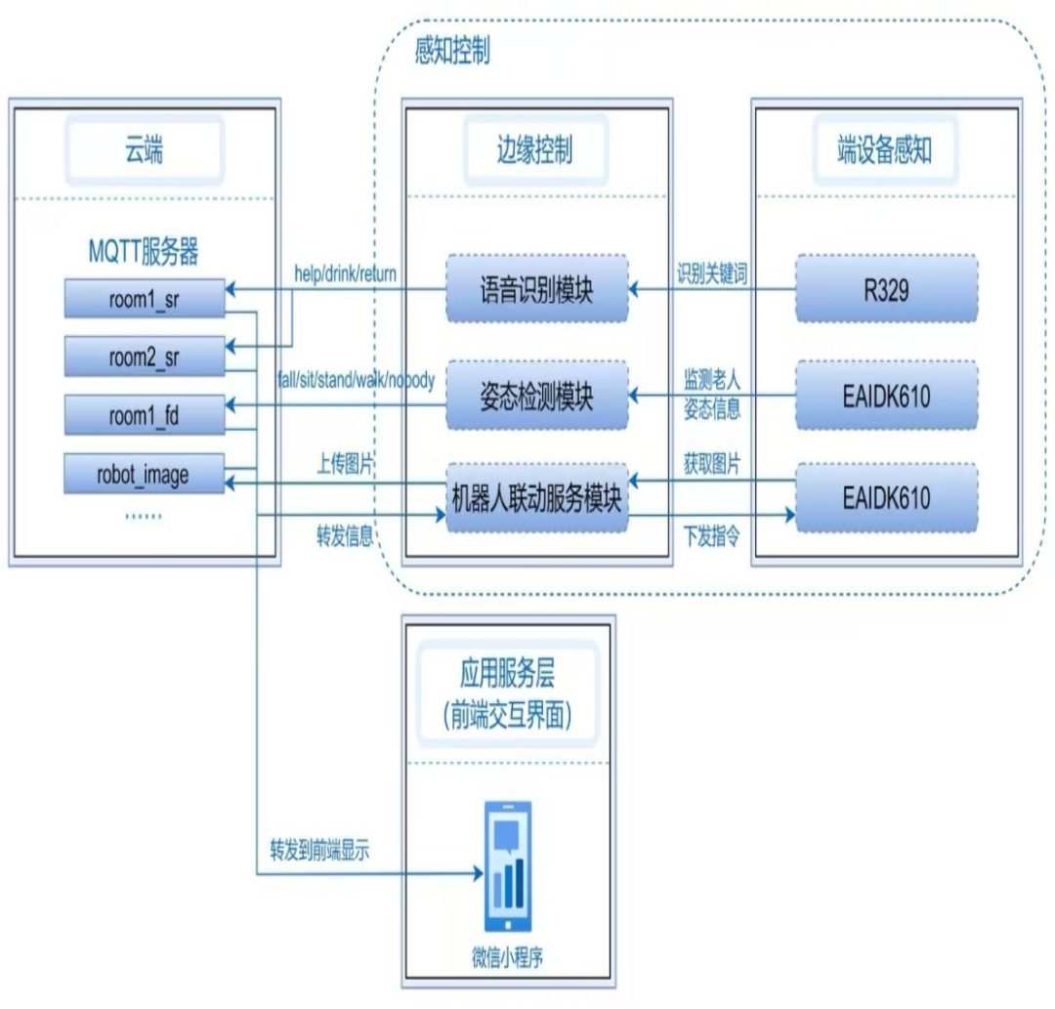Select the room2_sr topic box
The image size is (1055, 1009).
144,358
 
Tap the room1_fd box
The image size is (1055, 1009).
144,417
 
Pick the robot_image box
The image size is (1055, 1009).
144,476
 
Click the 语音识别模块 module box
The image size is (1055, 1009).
537,288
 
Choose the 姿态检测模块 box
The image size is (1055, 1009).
537,397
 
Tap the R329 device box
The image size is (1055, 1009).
886,288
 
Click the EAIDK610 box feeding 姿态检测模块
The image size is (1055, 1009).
886,395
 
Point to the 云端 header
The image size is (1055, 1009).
144,151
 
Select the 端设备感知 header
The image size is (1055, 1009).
884,151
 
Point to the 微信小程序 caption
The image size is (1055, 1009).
508,957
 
